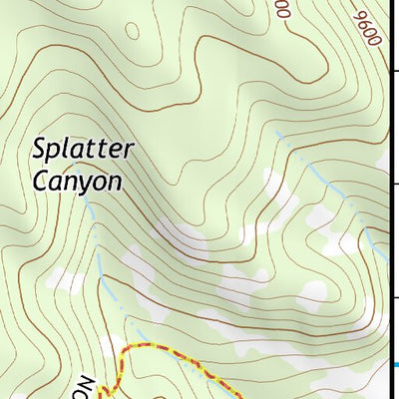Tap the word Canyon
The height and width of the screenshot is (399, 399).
point(76,182)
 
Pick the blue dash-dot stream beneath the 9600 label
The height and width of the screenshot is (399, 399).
point(329,180)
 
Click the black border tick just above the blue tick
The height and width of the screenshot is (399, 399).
point(393,296)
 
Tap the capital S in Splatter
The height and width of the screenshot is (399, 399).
point(40,152)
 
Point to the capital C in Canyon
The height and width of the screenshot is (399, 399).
point(40,182)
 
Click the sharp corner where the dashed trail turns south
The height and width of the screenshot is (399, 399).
point(122,351)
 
